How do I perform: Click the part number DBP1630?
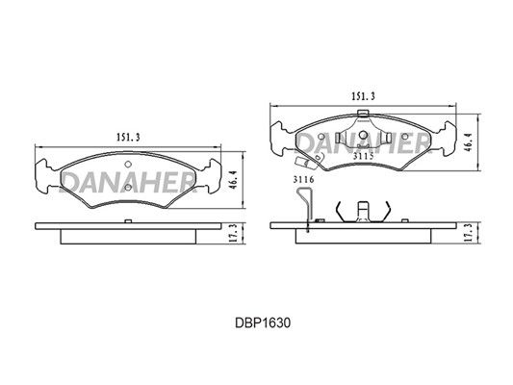tap(263, 323)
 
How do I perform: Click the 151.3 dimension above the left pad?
tap(128, 138)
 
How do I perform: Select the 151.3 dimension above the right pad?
tap(363, 96)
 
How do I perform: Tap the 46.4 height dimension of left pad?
tap(233, 179)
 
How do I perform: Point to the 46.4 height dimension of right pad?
tap(468, 141)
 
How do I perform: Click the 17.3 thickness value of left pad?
tap(234, 233)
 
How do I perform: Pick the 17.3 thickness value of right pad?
tap(469, 233)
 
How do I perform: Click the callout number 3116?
tap(303, 179)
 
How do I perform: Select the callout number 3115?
tap(363, 156)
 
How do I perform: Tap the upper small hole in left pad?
tap(128, 165)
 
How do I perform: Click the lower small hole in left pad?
tap(128, 187)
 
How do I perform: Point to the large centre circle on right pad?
tap(363, 135)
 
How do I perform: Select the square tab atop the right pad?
tap(363, 114)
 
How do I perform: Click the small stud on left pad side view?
tap(128, 221)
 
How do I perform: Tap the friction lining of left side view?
tap(128, 237)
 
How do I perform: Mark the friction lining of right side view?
tap(363, 236)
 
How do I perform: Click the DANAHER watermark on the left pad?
tap(128, 182)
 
